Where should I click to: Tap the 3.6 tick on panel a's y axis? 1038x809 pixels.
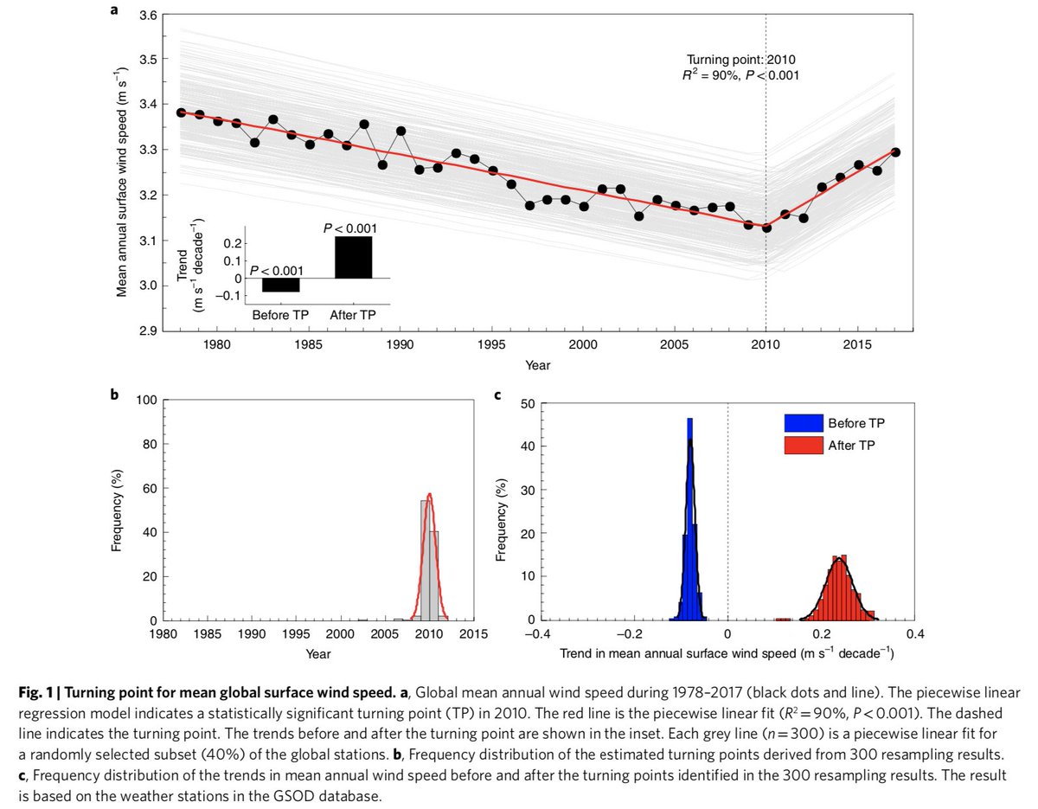point(148,16)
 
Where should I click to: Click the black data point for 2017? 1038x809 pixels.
point(895,152)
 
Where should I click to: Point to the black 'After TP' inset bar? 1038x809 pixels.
point(354,257)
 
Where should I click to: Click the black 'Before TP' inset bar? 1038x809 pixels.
point(280,286)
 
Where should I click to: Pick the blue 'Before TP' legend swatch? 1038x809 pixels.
point(802,423)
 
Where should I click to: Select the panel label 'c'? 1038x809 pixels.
point(496,396)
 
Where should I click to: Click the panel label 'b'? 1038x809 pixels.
point(114,396)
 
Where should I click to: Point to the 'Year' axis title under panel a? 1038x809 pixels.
point(537,365)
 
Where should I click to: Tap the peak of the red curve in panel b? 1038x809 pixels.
point(430,495)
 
